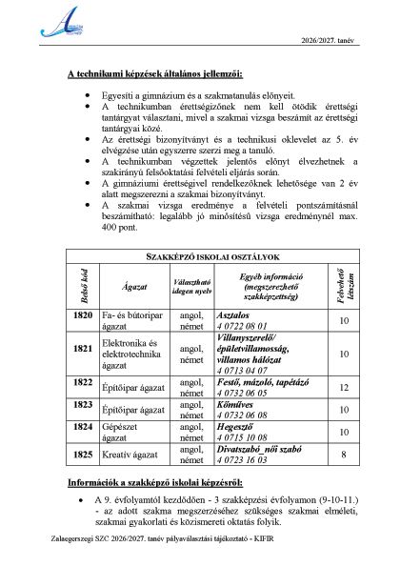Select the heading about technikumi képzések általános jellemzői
(x=154, y=73)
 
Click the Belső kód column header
(x=81, y=287)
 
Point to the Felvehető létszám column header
(x=345, y=287)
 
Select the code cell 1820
(x=81, y=316)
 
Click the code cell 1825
(x=81, y=455)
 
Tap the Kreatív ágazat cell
(x=132, y=456)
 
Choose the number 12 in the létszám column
(x=345, y=387)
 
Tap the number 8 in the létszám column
(x=345, y=455)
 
